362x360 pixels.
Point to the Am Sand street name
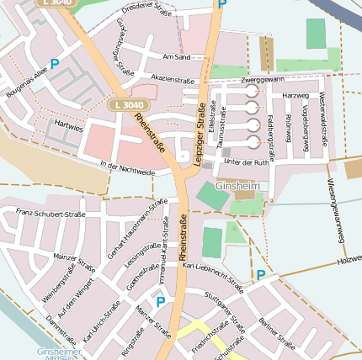click(177, 57)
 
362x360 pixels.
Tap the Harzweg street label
click(296, 95)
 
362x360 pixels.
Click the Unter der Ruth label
click(247, 161)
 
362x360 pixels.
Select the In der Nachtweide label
click(127, 167)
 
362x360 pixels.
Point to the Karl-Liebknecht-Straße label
click(213, 277)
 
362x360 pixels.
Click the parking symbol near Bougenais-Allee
click(55, 63)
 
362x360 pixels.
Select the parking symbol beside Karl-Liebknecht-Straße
click(261, 275)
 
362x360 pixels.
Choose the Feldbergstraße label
click(271, 134)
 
